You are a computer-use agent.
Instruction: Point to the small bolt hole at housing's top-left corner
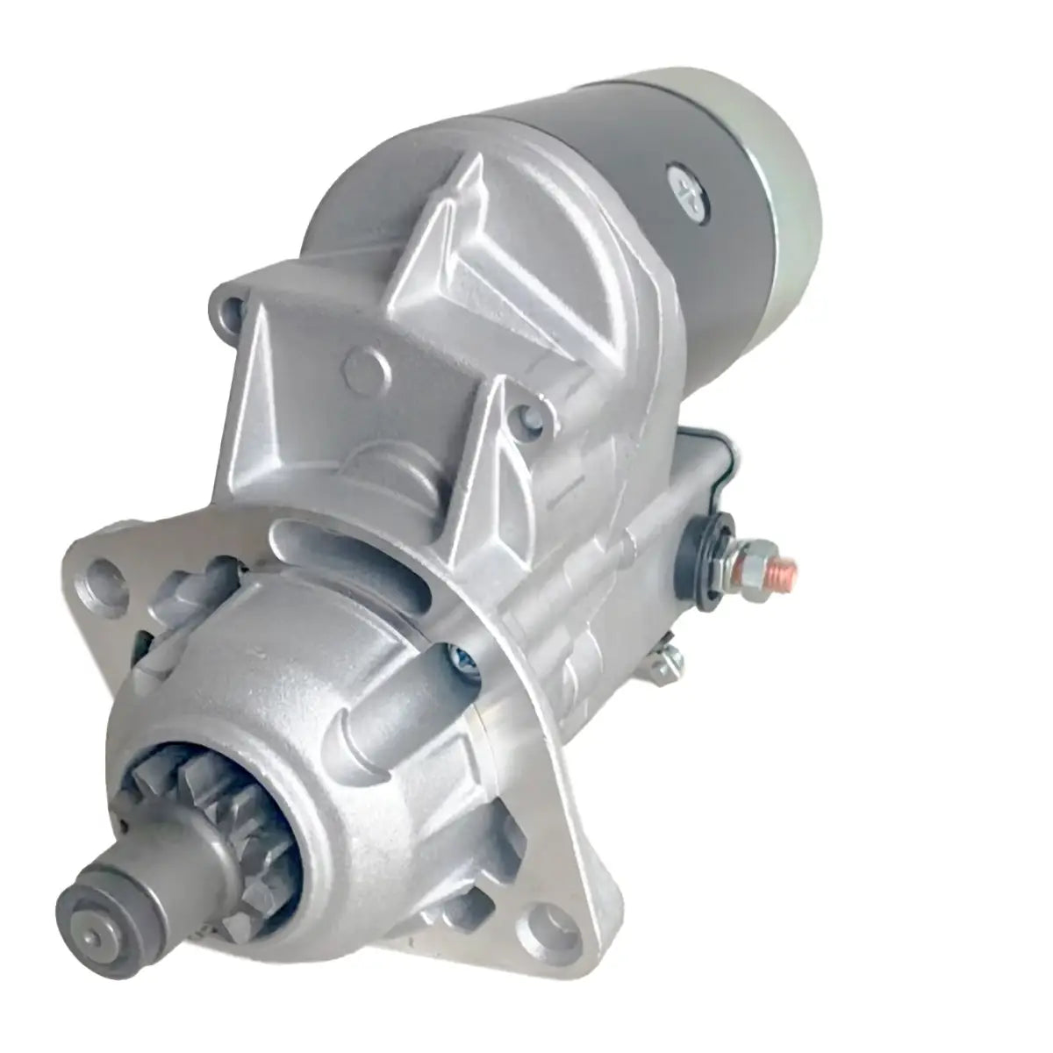click(x=231, y=307)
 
